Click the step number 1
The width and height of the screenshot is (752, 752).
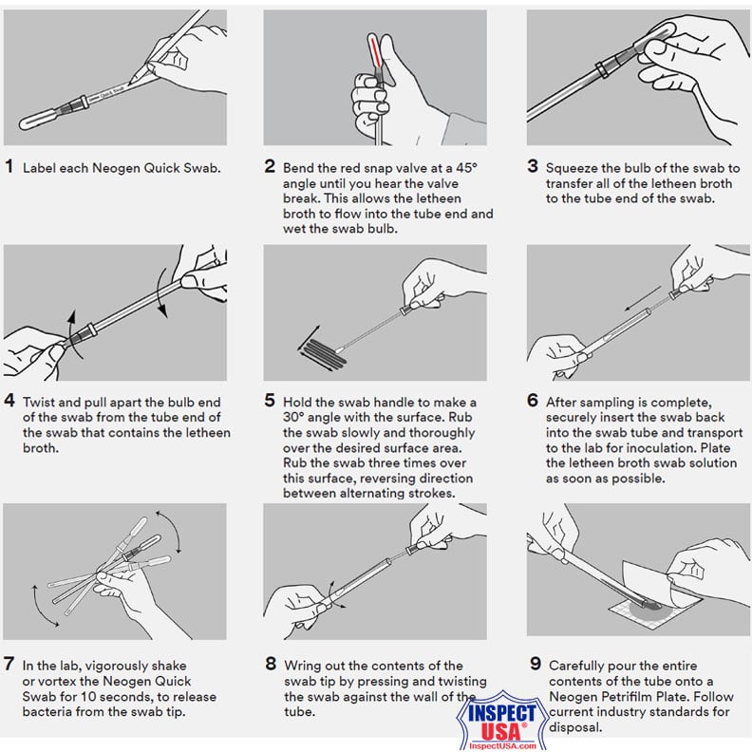(9, 167)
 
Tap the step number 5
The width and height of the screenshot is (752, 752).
(271, 402)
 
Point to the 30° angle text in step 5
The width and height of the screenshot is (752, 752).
(283, 418)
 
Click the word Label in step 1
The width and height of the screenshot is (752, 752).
(41, 168)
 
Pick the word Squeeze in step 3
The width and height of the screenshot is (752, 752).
(574, 167)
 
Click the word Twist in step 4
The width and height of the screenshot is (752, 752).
(41, 402)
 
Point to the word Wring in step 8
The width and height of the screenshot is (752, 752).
(304, 665)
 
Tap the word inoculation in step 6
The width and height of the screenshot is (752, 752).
(674, 447)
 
